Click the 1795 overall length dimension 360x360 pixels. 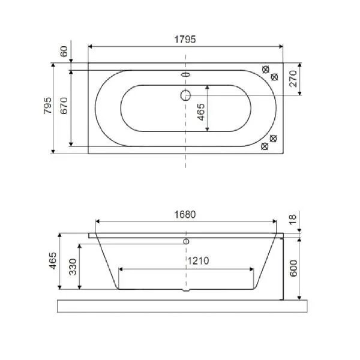coord(185,40)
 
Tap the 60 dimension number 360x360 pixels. coord(64,52)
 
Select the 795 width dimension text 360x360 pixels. coord(47,106)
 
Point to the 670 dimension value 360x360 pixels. coord(64,106)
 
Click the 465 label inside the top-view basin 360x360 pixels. coord(201,112)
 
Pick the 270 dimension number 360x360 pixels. coord(293,79)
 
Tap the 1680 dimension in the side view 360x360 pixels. coord(185,215)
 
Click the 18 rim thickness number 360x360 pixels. coord(293,220)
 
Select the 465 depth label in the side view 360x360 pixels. coord(53,261)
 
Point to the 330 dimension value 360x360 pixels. coord(73,267)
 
